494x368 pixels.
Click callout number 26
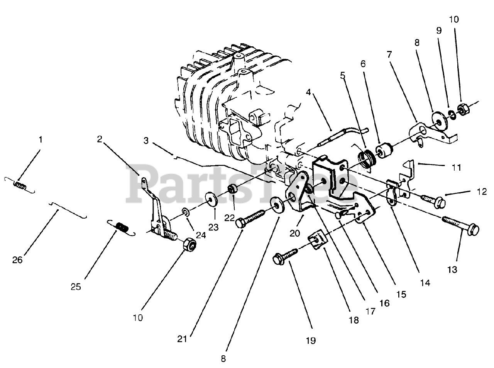pyautogui.click(x=17, y=260)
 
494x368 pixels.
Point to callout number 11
pyautogui.click(x=457, y=168)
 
